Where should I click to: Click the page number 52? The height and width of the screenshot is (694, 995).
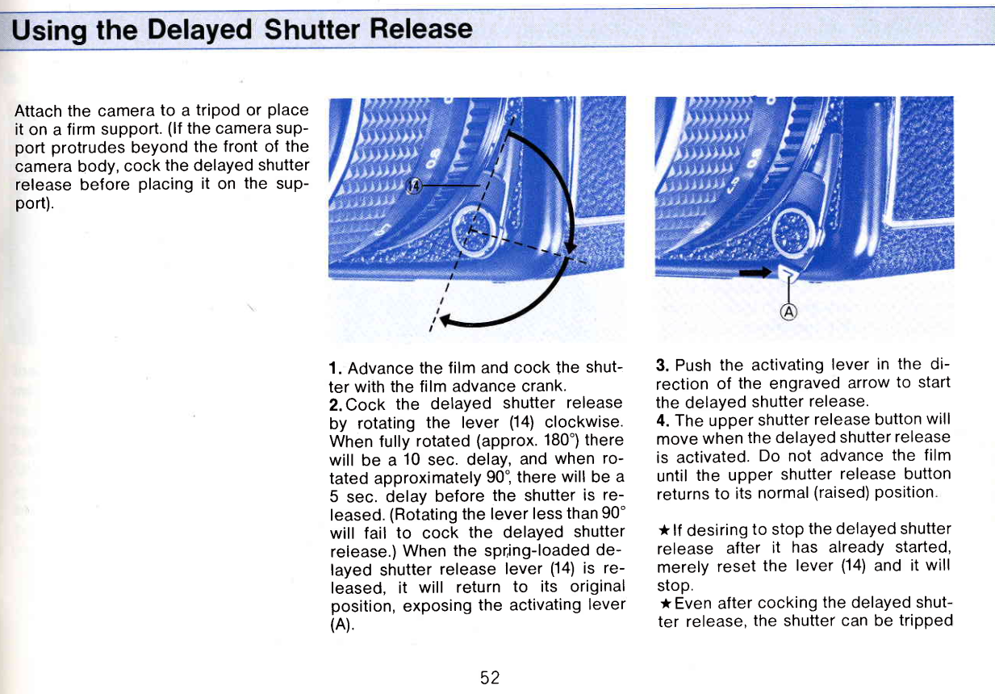click(x=489, y=677)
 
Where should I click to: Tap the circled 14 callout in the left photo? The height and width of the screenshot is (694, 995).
click(x=414, y=186)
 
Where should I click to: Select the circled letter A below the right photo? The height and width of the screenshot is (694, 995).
click(x=788, y=313)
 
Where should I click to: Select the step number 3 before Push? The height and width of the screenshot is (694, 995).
click(x=661, y=366)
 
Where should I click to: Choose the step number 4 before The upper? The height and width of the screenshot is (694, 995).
click(x=662, y=420)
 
